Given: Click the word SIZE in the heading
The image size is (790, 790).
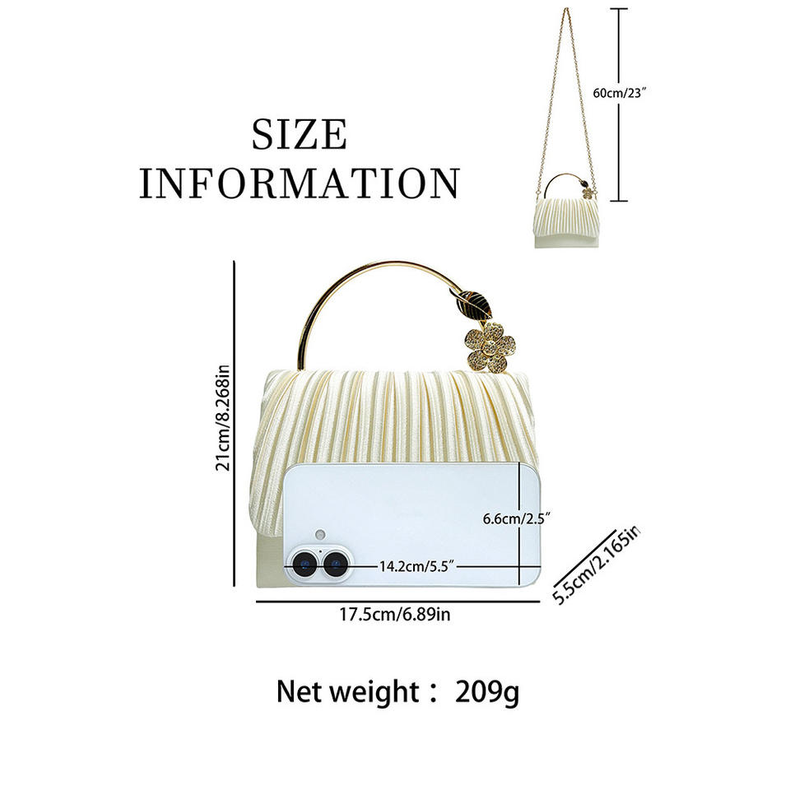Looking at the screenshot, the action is (299, 135).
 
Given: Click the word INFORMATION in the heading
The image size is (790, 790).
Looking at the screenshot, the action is (299, 183).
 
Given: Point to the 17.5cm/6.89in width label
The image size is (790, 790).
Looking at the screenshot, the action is (395, 614).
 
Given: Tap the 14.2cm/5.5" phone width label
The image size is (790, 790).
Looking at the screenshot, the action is (417, 566).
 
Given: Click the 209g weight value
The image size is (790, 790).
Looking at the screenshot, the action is (487, 692).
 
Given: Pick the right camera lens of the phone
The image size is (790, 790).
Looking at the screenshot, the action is (334, 565).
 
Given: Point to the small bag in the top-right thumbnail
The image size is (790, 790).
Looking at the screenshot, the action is (565, 221).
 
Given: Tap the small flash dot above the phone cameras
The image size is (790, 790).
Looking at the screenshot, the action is (320, 532).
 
